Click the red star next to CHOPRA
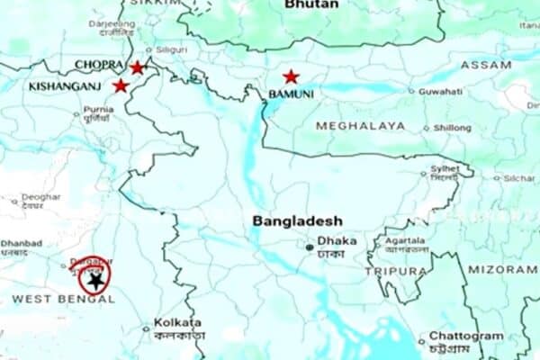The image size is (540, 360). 137,67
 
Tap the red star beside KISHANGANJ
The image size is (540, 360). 121,85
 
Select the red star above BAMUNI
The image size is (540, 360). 291,77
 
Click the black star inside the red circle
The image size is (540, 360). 95,281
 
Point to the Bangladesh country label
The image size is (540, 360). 297,220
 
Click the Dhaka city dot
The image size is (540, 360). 310,246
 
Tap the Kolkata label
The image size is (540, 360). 177,322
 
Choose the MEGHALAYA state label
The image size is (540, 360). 360,126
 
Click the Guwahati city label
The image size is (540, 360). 440,91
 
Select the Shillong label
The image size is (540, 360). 453,128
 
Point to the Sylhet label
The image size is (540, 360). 445,169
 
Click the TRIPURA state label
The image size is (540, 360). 396,271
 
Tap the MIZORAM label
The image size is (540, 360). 502,268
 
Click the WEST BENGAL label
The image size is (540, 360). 63,298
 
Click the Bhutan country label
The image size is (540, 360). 311,5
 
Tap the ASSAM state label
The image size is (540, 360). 486,66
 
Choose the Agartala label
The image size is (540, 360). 405,241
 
